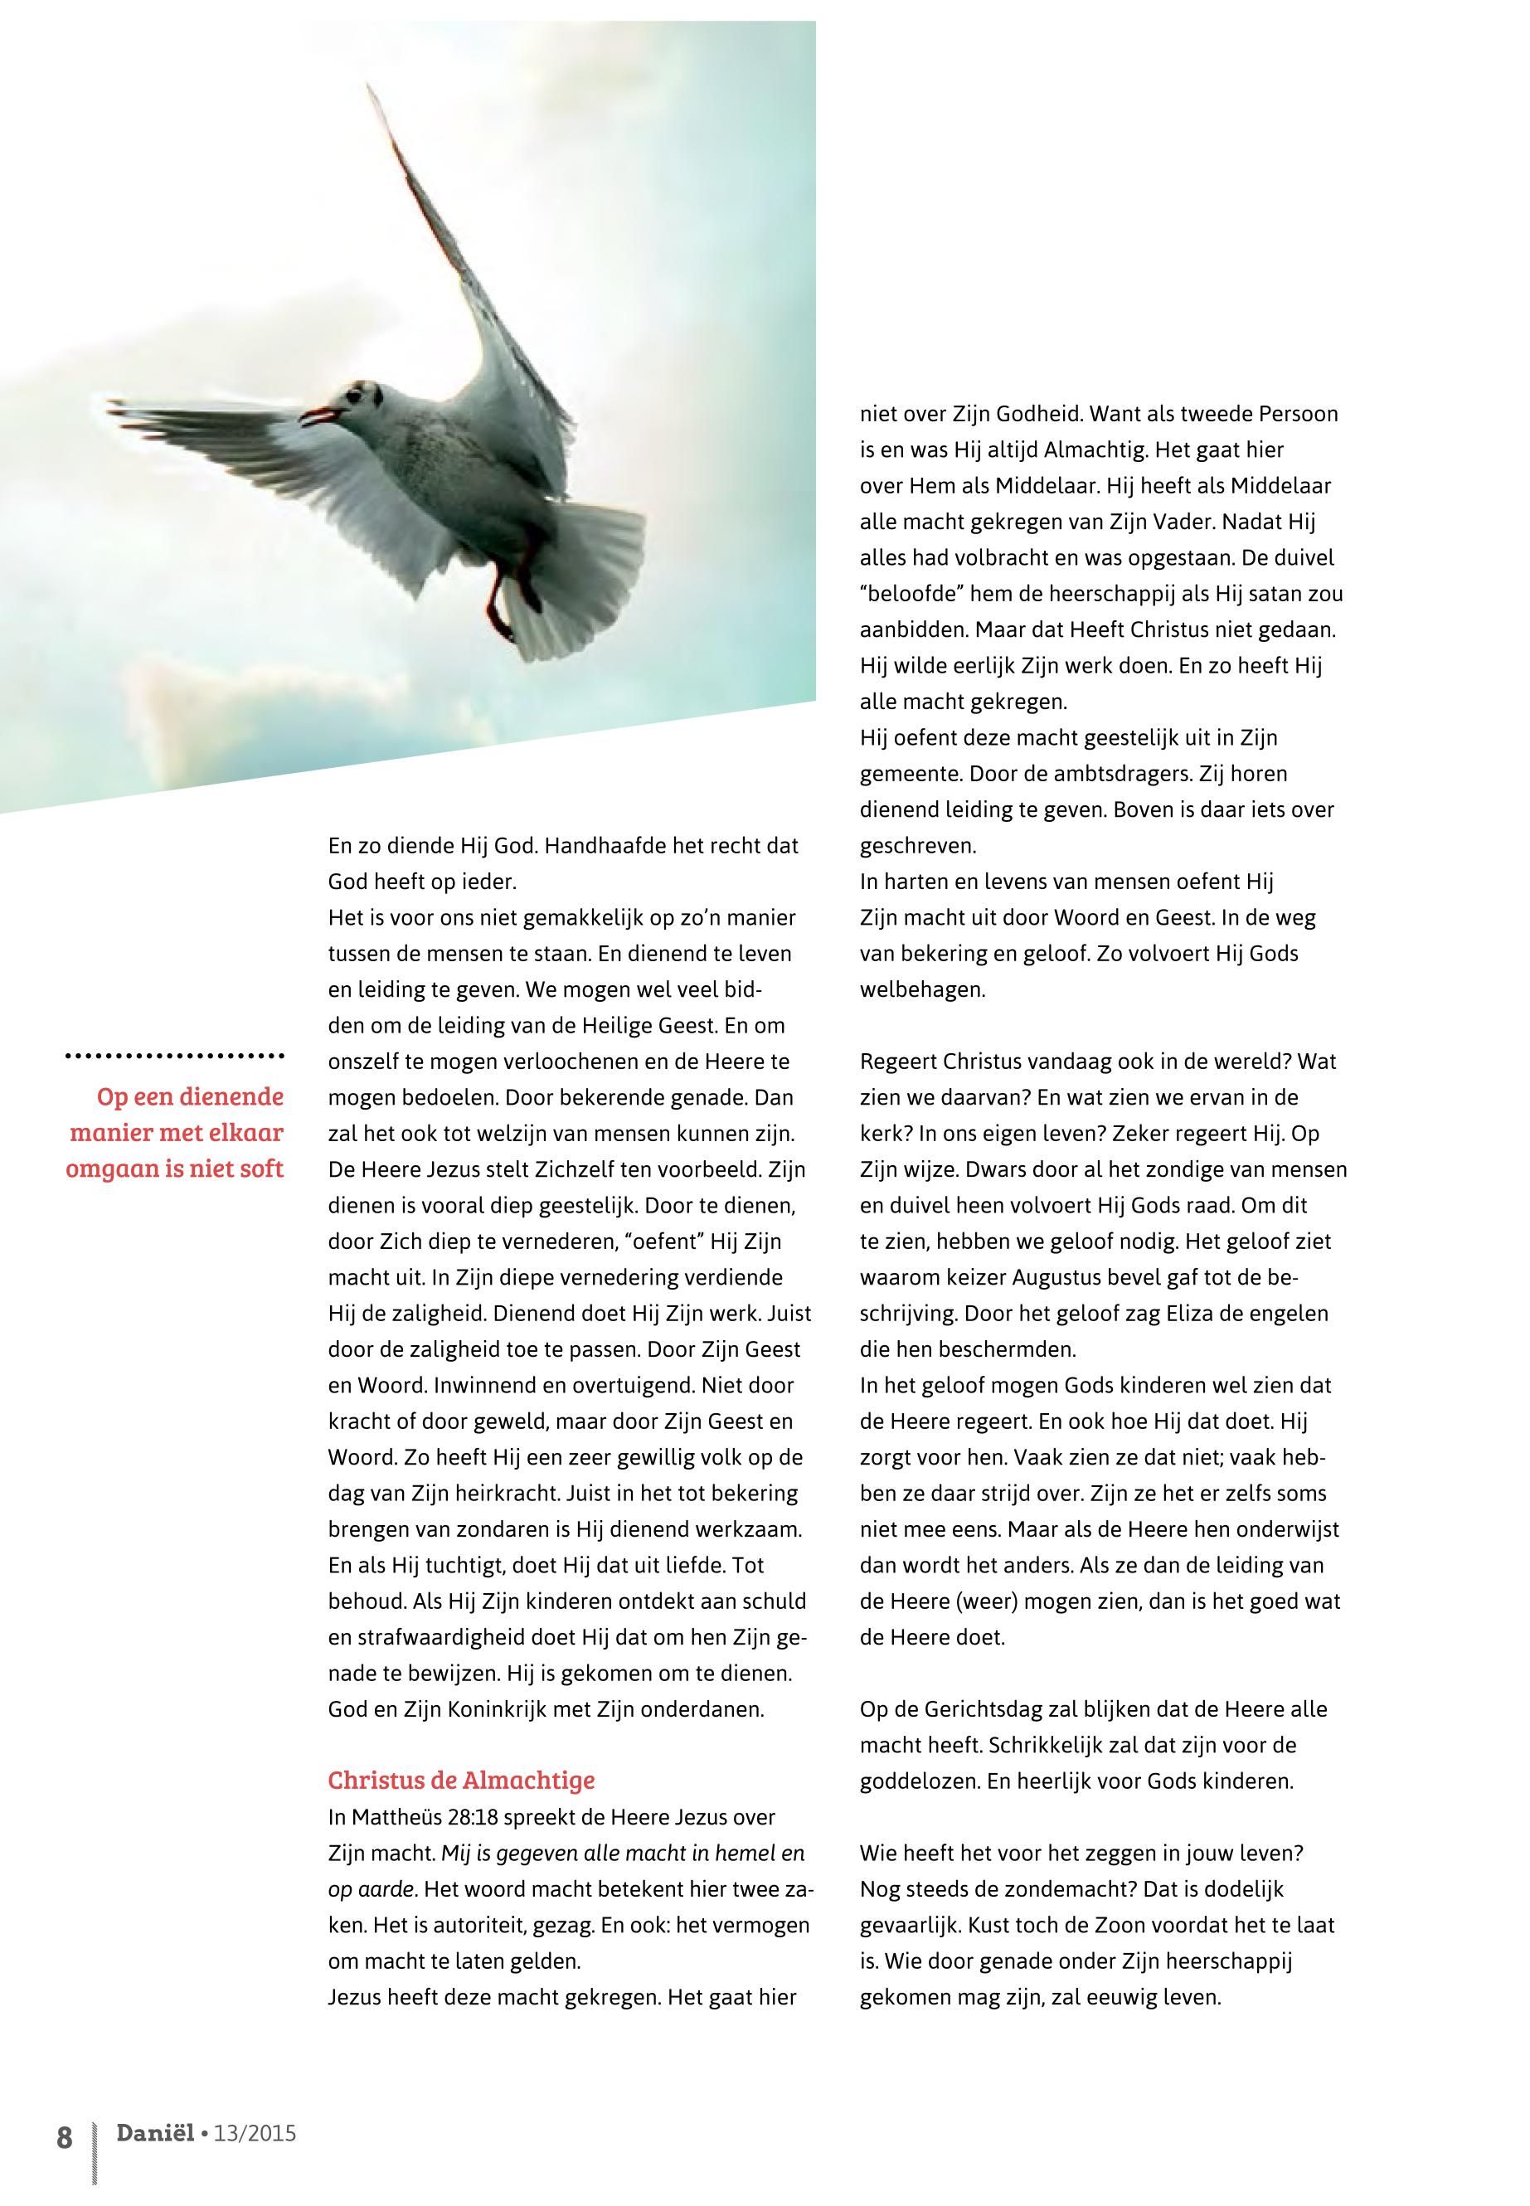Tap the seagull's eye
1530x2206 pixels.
pos(357,394)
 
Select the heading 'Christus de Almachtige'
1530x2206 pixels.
pos(461,1781)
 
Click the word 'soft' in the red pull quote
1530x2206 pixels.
pos(258,1169)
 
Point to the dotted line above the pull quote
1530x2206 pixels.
pos(174,1057)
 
